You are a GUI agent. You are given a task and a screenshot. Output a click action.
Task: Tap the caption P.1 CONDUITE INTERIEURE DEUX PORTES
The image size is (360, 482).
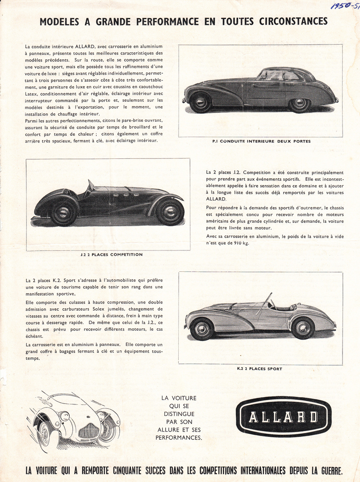click(261, 141)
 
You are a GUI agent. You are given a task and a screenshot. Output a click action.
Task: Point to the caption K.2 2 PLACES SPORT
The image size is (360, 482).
click(260, 369)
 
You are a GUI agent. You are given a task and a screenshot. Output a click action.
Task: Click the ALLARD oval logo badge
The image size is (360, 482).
click(284, 416)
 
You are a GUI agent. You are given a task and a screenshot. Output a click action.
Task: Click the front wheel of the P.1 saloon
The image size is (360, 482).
click(200, 102)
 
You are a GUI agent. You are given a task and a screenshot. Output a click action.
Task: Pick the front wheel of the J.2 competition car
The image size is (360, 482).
click(170, 212)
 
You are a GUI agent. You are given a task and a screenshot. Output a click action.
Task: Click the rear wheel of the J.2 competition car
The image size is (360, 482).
click(64, 213)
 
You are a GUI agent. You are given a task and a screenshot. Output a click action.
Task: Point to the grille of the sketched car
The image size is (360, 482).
click(88, 431)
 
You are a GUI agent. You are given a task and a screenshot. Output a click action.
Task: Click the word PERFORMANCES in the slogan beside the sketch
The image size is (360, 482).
click(179, 438)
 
